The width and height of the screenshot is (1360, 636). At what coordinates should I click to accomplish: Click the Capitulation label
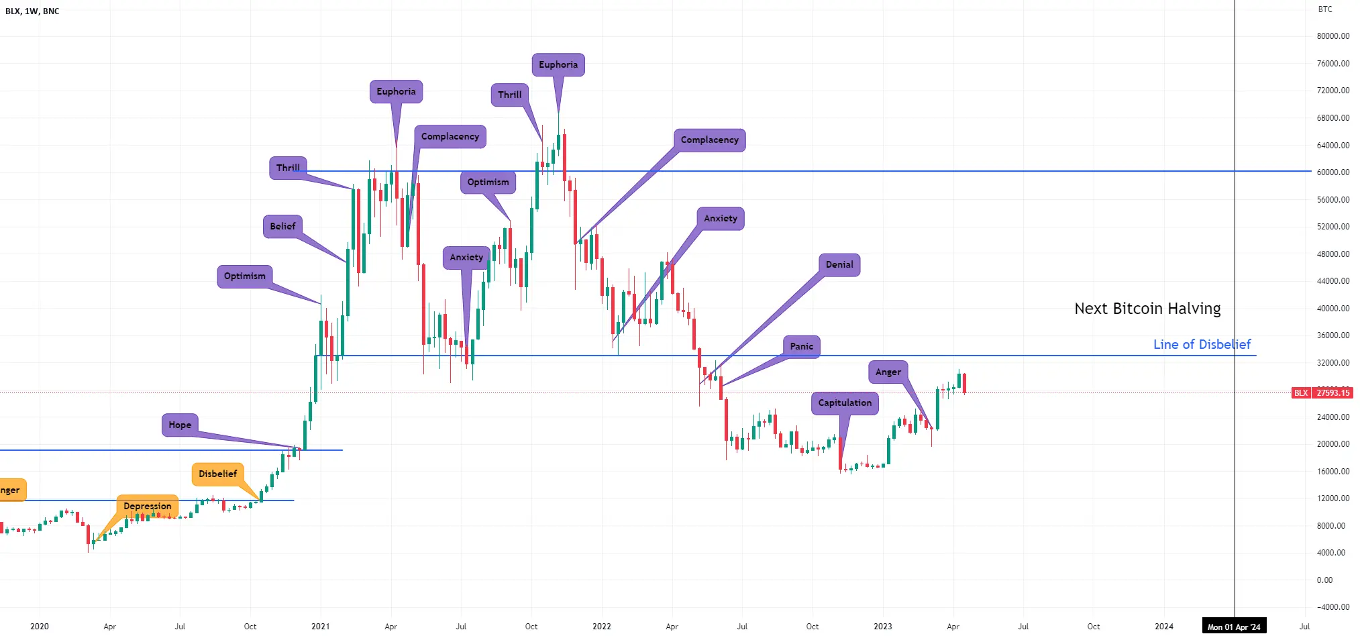pos(845,403)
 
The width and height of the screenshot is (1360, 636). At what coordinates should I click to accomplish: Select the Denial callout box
pos(839,265)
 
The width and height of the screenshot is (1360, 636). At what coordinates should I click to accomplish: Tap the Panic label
pos(801,347)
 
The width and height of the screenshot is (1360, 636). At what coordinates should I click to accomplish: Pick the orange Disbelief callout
pos(218,474)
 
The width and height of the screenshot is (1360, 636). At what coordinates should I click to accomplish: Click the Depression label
pos(148,507)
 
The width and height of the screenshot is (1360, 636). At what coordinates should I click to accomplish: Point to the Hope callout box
pos(180,425)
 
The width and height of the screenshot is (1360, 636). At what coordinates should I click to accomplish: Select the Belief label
pos(282,227)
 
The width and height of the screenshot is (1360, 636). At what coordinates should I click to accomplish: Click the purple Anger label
pos(888,372)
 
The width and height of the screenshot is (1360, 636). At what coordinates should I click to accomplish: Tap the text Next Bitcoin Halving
pos(1147,309)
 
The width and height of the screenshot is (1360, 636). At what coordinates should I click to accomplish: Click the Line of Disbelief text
pos(1202,345)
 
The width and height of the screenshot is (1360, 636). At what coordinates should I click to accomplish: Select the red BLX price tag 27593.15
pos(1322,393)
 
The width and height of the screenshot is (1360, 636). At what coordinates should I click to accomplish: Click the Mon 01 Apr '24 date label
pos(1234,627)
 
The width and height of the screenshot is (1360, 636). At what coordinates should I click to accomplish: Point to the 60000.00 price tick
pos(1333,172)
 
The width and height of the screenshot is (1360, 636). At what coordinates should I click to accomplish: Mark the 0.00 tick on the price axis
pos(1324,580)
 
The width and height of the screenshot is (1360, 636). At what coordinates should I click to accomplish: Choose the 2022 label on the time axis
pos(602,627)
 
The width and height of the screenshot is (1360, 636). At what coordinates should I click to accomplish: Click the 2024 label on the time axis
pos(1164,627)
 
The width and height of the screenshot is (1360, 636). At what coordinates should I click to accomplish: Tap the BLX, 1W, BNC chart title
pos(32,11)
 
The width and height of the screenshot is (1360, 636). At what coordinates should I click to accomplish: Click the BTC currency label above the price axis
pos(1325,9)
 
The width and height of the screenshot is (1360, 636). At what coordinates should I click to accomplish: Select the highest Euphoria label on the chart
pos(558,65)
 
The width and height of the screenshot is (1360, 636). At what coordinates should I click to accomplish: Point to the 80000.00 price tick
pos(1333,36)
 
